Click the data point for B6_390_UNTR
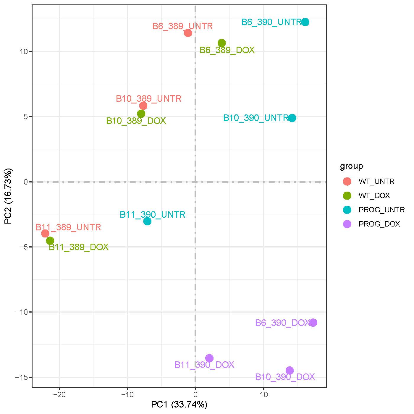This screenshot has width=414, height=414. (305, 22)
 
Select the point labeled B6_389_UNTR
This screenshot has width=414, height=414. (188, 33)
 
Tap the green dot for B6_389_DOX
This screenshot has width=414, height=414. (222, 43)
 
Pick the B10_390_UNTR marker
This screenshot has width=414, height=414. (292, 118)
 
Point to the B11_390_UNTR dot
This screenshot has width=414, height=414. (147, 221)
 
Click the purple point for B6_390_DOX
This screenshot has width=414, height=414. (313, 323)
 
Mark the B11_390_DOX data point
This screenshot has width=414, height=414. (209, 358)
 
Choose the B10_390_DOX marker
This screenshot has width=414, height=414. (290, 370)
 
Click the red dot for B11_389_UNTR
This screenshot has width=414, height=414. (45, 233)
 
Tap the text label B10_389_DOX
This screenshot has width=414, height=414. (136, 121)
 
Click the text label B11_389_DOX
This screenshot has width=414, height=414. (79, 247)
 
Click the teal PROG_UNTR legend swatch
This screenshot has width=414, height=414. (347, 210)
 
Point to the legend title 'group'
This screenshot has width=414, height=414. (351, 166)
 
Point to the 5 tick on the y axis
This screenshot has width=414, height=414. (26, 117)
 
